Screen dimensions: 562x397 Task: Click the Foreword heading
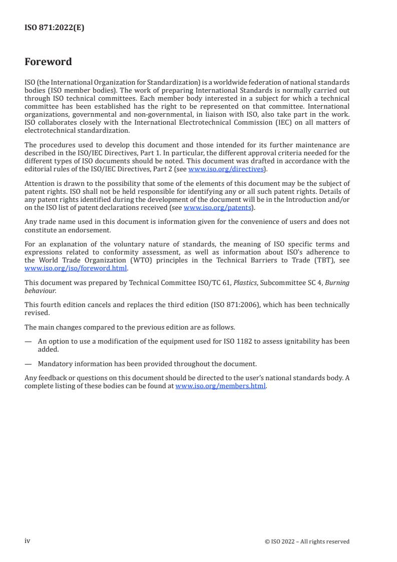(x=48, y=62)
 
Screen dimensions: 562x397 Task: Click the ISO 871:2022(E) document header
(x=54, y=28)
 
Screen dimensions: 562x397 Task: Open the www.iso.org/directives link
(x=226, y=169)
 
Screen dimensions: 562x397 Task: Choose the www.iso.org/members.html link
(x=220, y=386)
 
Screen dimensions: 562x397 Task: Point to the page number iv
(x=28, y=541)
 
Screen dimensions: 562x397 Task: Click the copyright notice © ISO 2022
(x=307, y=541)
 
